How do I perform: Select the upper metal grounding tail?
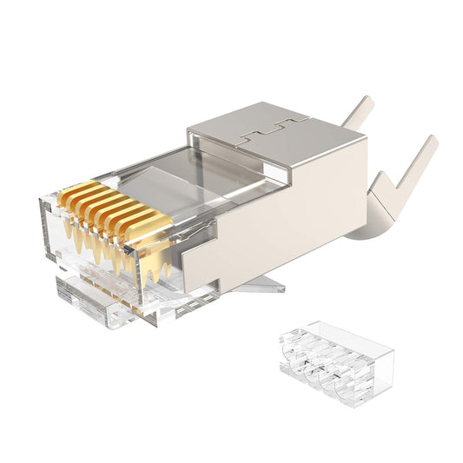pyautogui.click(x=355, y=116)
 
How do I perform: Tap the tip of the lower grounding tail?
pyautogui.click(x=432, y=142)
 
